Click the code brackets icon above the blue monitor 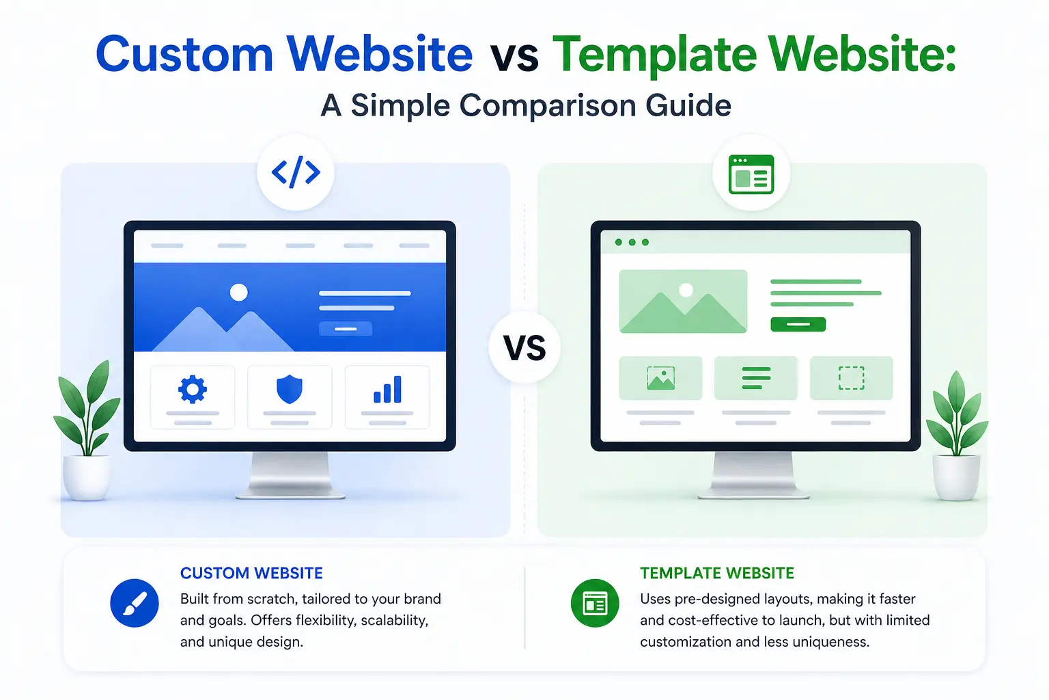click(x=296, y=172)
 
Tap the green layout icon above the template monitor click(x=751, y=174)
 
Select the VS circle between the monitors click(x=524, y=348)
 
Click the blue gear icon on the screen click(x=193, y=389)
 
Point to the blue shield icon click(x=290, y=389)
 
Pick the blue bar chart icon click(x=387, y=389)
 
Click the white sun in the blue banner click(x=238, y=293)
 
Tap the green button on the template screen click(x=798, y=324)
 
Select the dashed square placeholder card click(x=851, y=378)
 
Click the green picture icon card click(x=660, y=378)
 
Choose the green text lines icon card click(x=756, y=378)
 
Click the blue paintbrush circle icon click(x=135, y=604)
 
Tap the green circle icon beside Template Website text click(x=595, y=604)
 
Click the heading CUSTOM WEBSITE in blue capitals click(x=251, y=573)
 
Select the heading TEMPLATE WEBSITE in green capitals click(x=717, y=573)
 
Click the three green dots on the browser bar click(x=632, y=243)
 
